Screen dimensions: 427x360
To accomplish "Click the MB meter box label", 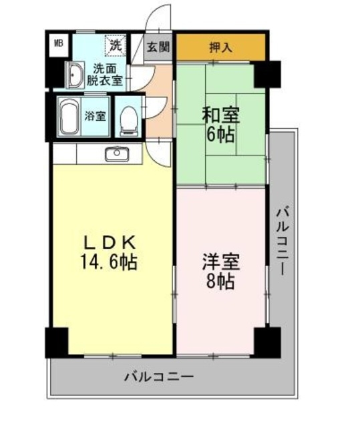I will pos(59,45).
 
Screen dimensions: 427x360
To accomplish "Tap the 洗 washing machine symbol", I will pos(116,46).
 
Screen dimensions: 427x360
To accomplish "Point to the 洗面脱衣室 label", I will pos(107,73).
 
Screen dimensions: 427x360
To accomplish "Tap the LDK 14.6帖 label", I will pos(110,252).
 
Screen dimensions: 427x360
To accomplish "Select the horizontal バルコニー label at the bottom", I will pos(159,376).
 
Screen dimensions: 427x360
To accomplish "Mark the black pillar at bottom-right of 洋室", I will pos(267,341).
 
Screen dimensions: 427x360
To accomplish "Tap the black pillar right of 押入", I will pos(267,73).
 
